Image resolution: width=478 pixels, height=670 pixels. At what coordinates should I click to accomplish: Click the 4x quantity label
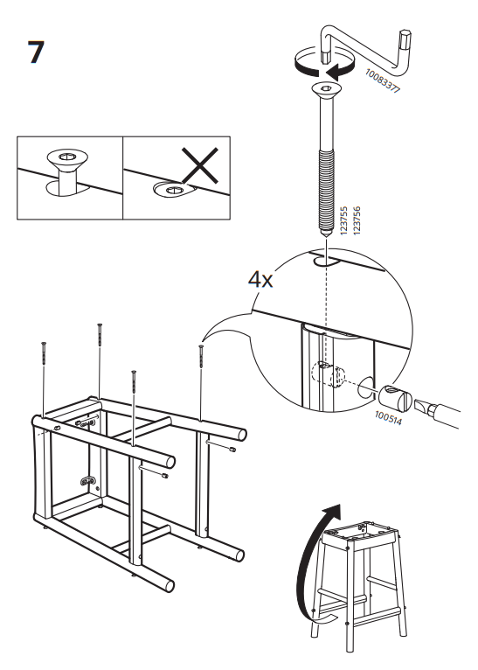pyautogui.click(x=260, y=280)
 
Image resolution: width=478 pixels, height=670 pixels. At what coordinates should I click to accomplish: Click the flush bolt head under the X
pyautogui.click(x=170, y=188)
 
